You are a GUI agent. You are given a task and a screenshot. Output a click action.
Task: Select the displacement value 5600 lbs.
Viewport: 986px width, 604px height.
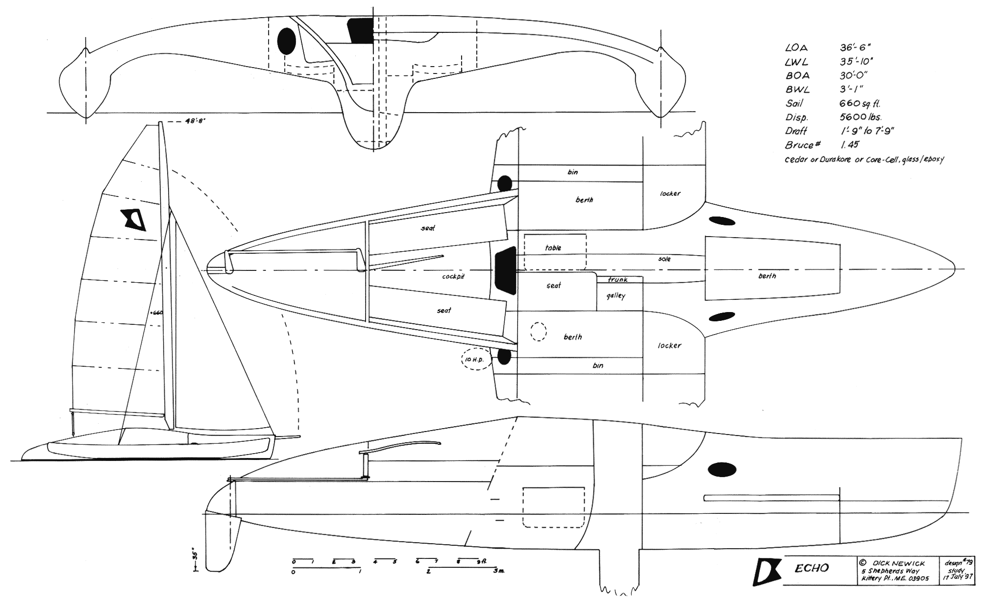[861, 118]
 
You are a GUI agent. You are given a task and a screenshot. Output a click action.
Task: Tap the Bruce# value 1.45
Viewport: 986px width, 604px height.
[849, 145]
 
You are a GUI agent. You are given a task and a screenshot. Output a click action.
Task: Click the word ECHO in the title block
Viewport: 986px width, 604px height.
[811, 568]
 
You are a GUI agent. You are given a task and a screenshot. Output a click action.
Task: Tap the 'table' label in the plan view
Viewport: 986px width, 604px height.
[553, 248]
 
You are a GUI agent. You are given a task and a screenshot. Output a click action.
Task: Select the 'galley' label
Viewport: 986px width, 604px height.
[616, 296]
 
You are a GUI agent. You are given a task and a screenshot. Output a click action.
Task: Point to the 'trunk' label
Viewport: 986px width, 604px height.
[617, 280]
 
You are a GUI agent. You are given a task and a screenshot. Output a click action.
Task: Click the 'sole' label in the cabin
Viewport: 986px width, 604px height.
[664, 258]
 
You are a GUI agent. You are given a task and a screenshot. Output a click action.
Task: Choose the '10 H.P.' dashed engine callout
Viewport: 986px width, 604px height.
[475, 360]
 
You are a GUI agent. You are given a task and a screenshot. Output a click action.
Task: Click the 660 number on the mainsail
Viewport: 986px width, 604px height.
[157, 313]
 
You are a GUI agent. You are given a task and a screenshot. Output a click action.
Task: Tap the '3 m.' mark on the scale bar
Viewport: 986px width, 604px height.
[498, 571]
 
